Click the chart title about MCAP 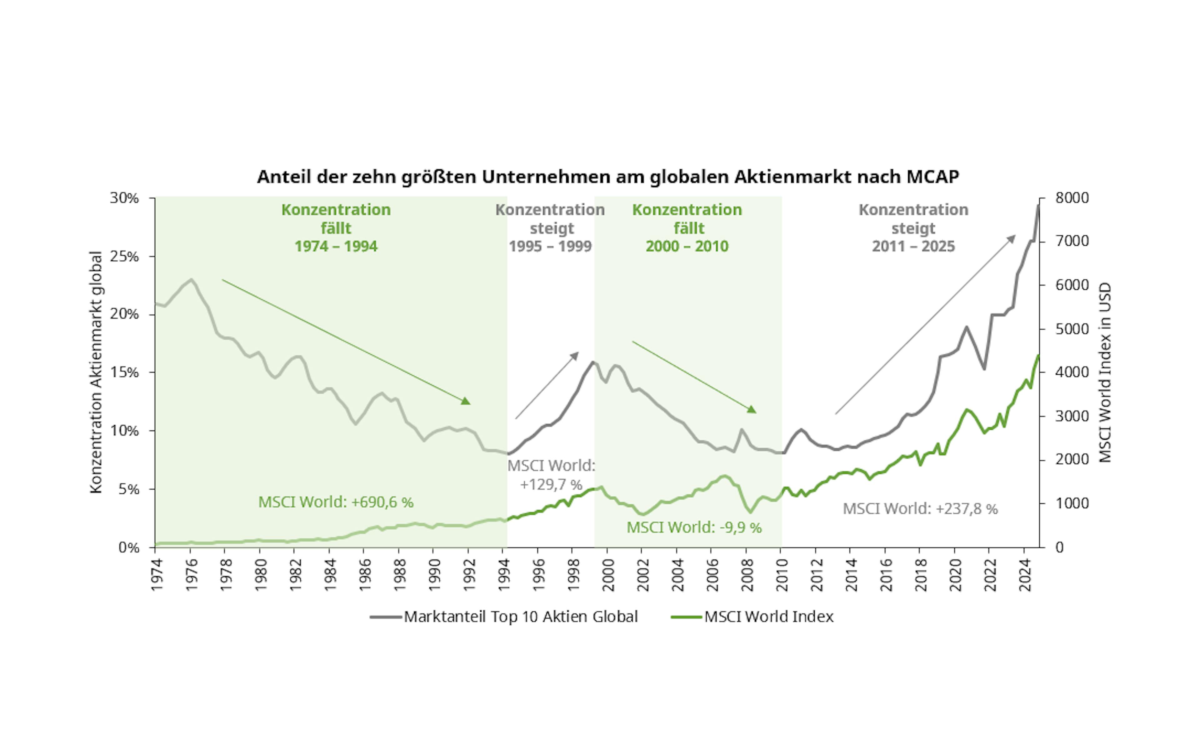click(x=607, y=177)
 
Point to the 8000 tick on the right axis click(x=1072, y=198)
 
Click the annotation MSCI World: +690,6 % click(x=336, y=502)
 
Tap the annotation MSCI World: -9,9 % click(x=694, y=527)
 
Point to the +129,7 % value click(x=551, y=484)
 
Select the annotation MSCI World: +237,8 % click(x=920, y=509)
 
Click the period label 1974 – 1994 click(x=336, y=246)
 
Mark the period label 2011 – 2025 click(x=913, y=246)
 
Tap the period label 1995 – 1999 click(x=550, y=246)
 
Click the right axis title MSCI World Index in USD click(x=1105, y=372)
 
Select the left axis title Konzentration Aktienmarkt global click(x=96, y=372)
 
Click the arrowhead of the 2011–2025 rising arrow click(x=1012, y=238)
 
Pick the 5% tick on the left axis click(x=128, y=489)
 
